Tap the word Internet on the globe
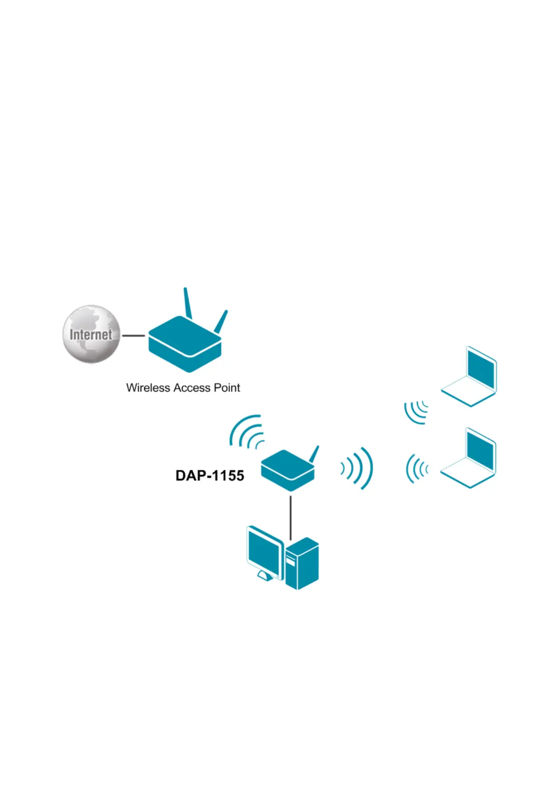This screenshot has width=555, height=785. coord(91,334)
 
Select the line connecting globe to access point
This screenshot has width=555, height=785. coord(133,335)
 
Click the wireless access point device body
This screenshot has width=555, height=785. coord(185,347)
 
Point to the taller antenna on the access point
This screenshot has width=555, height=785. coord(187,303)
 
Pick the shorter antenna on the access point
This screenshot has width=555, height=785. coord(221,322)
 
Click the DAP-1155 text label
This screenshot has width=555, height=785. coord(210,475)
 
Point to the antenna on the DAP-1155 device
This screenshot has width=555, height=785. coord(314,454)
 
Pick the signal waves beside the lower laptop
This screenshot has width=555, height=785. coord(416,469)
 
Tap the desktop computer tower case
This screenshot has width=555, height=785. coord(302,564)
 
